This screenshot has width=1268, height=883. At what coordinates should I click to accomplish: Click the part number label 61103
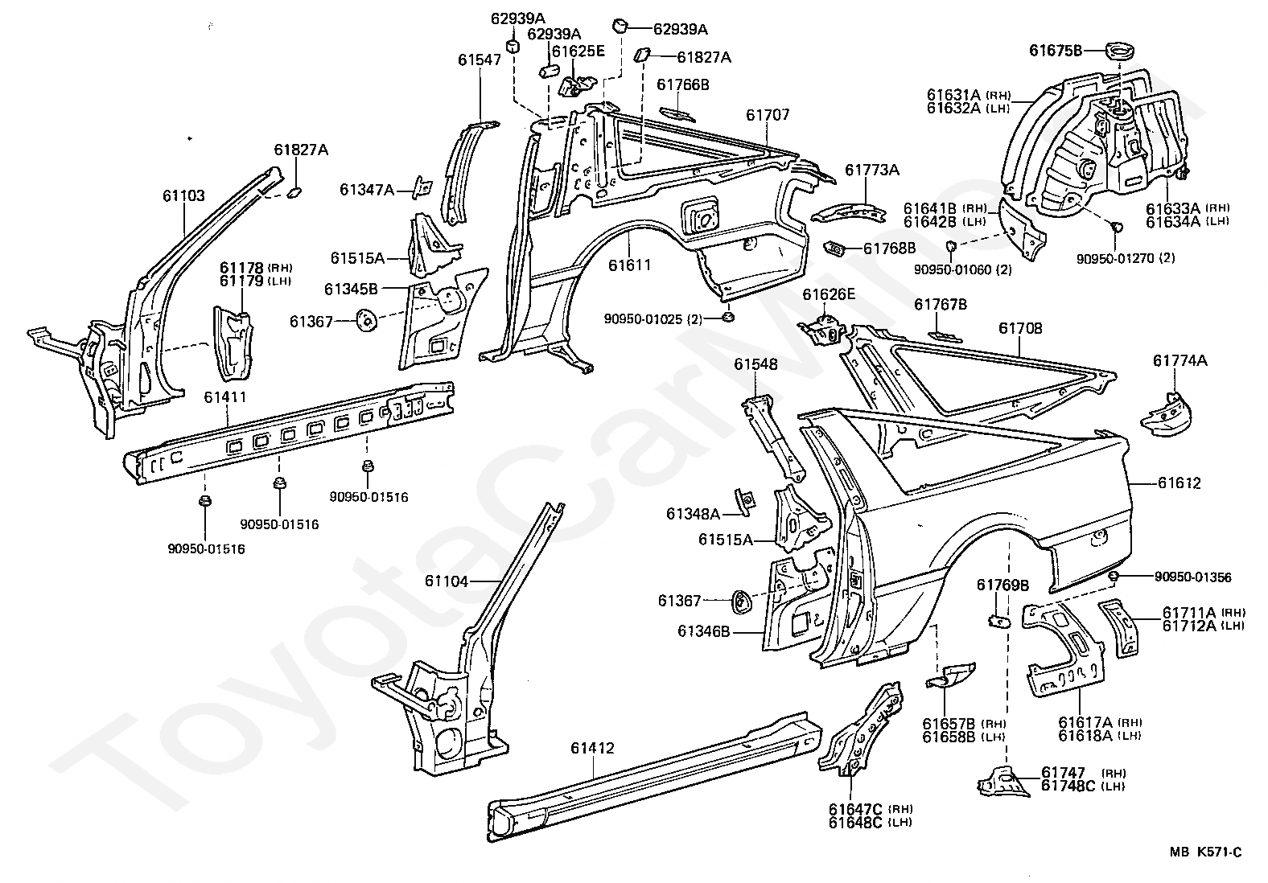(183, 195)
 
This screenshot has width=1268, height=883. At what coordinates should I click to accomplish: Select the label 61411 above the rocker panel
(225, 397)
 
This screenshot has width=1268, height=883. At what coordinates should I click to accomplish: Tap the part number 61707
(767, 115)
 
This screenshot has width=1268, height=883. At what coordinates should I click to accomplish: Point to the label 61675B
(1055, 51)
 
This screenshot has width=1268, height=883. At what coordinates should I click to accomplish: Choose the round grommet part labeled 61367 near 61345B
(367, 321)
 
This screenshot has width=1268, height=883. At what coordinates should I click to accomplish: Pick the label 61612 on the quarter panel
(1179, 483)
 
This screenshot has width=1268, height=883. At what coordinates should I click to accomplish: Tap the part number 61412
(592, 748)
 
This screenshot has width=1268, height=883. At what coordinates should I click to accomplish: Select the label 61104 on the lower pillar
(447, 581)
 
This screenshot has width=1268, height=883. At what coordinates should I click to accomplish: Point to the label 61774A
(1180, 360)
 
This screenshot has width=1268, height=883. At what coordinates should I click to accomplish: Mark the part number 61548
(755, 364)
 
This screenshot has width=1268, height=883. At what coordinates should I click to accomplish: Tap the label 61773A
(872, 170)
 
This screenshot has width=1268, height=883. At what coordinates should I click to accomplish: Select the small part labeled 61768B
(836, 247)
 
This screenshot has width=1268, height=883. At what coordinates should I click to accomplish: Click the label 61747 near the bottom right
(1063, 773)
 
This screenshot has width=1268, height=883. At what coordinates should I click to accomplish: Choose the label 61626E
(830, 294)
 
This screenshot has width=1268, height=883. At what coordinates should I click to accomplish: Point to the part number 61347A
(367, 190)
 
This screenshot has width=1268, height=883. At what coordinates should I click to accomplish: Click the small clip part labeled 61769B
(999, 622)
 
